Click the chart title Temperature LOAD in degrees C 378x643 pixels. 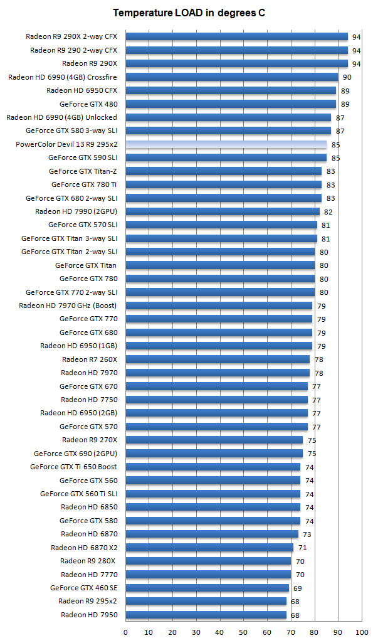[189, 13]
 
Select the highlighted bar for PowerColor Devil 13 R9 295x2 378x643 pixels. [226, 144]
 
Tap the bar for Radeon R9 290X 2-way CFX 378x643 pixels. [236, 36]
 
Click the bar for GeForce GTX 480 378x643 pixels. [230, 104]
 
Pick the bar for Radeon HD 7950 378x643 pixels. [206, 615]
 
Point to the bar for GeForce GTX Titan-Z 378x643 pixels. [223, 171]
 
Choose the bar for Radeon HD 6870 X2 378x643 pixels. [209, 548]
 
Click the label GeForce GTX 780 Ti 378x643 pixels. [84, 184]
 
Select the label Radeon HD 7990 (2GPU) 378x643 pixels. [76, 211]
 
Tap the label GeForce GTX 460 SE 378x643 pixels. [83, 588]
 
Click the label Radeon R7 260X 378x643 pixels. [90, 359]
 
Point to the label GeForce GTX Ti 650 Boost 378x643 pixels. [73, 467]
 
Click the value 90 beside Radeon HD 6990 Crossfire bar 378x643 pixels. [347, 77]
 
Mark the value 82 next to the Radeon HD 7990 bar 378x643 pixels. [328, 212]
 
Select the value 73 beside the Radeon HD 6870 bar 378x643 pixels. [307, 534]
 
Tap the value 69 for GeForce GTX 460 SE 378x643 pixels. [297, 588]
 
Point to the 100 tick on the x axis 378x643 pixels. [362, 632]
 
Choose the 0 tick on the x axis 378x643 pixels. [125, 632]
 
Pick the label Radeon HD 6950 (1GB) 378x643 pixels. [78, 346]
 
